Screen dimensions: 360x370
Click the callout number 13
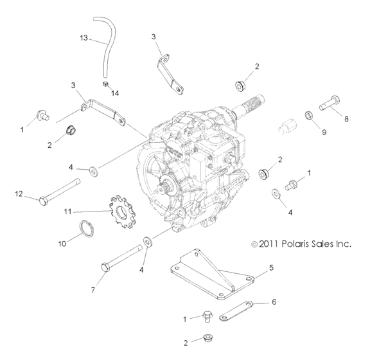tap(84, 39)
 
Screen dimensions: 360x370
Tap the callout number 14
tap(116, 93)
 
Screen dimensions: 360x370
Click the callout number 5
tap(271, 265)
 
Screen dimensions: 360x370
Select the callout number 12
tap(19, 194)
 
